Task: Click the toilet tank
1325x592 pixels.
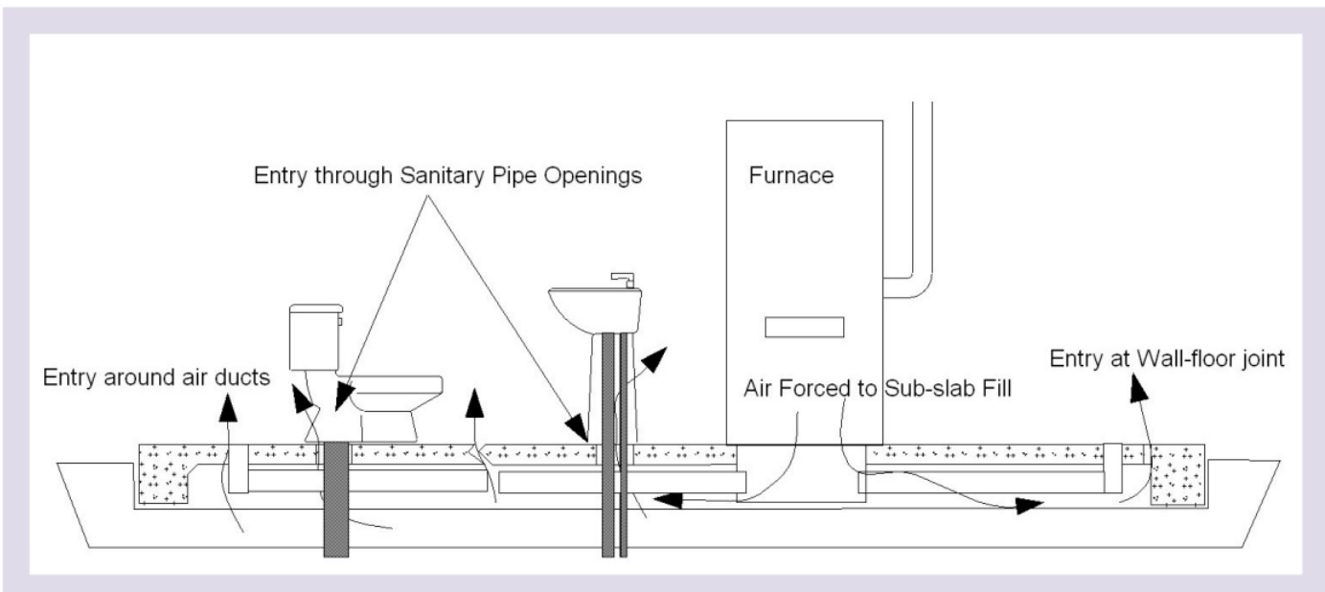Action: click(x=314, y=339)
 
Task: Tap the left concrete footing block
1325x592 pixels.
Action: click(x=164, y=473)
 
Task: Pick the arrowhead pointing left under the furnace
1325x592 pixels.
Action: click(x=667, y=499)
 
